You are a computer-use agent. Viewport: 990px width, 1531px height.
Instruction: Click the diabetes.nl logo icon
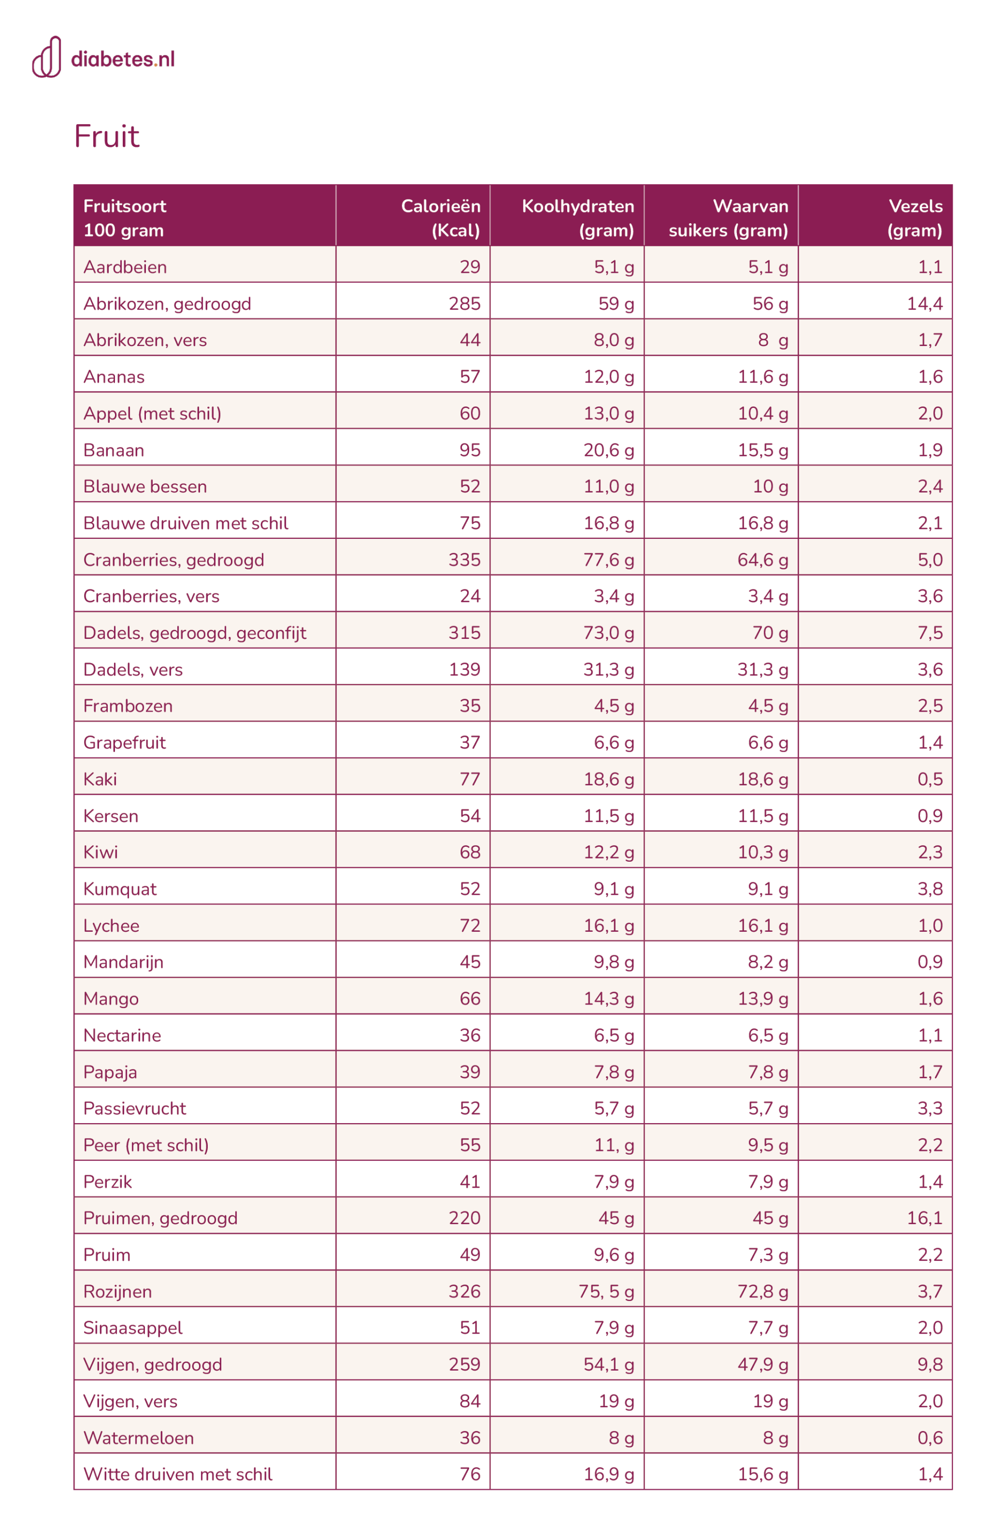(x=47, y=57)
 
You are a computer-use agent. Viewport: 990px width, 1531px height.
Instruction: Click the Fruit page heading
(x=107, y=136)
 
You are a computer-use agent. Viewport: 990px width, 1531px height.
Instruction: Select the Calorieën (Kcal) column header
(x=440, y=218)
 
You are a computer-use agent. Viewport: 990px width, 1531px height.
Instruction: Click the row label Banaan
(x=114, y=450)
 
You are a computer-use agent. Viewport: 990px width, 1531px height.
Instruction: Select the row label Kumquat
(x=120, y=889)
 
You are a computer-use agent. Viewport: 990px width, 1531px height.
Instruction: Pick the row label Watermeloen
(x=138, y=1438)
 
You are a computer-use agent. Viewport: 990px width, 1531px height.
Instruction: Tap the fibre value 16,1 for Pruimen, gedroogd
(x=924, y=1218)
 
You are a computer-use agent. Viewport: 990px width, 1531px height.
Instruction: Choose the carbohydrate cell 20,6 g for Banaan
(x=608, y=450)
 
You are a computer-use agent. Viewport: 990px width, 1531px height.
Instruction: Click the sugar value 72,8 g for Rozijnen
(x=763, y=1291)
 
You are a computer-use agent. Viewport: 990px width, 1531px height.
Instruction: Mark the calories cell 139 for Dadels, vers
(x=464, y=670)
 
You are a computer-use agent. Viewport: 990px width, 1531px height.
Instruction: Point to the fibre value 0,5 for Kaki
(x=930, y=779)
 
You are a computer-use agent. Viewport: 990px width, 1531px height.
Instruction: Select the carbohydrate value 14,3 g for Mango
(x=608, y=999)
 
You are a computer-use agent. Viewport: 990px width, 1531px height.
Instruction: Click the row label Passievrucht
(x=135, y=1108)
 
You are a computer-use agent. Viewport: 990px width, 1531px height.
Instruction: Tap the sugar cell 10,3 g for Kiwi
(x=763, y=852)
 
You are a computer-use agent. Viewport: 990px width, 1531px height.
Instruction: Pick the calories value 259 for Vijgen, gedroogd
(x=464, y=1364)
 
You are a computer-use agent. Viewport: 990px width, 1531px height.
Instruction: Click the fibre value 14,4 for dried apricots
(x=924, y=303)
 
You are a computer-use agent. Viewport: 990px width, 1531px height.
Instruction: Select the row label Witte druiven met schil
(x=177, y=1474)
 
